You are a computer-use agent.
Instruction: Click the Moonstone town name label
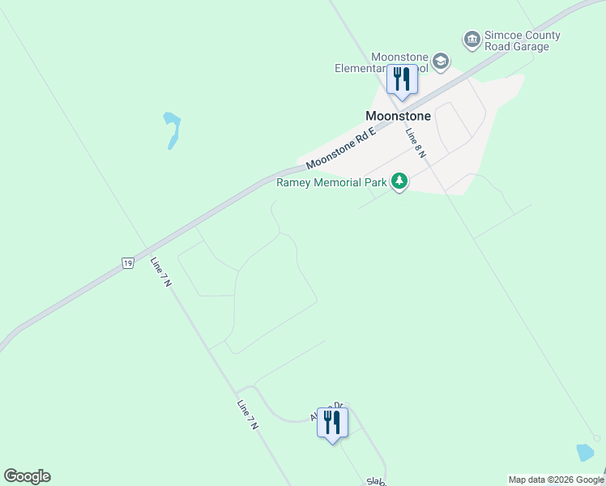tap(398, 116)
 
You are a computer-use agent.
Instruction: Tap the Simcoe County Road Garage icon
tap(472, 39)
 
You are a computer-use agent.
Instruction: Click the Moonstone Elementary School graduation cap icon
tap(441, 62)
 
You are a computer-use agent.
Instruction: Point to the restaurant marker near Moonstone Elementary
tap(401, 80)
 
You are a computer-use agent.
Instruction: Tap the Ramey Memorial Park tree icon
tap(399, 181)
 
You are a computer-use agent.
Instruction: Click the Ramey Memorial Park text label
tap(331, 182)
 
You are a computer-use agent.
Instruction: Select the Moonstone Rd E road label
tap(341, 148)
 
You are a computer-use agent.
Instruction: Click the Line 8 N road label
tap(416, 143)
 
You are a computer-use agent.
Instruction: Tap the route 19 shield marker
tap(128, 262)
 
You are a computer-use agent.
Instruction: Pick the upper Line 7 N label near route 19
tap(161, 275)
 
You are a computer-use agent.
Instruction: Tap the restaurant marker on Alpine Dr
tap(332, 423)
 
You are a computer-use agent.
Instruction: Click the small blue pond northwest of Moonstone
tap(173, 130)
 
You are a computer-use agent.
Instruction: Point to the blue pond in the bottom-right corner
tap(585, 453)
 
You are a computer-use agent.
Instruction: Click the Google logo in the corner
tap(27, 476)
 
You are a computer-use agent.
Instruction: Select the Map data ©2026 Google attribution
tap(556, 480)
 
